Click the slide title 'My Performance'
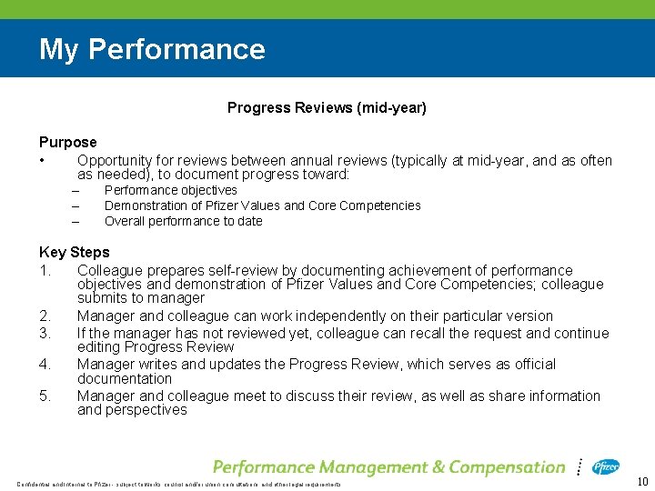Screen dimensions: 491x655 [152, 49]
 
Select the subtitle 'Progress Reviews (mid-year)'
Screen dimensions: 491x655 [327, 107]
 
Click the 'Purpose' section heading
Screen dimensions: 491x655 [67, 142]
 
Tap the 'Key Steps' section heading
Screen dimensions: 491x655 [74, 252]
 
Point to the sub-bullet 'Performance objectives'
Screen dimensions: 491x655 [170, 190]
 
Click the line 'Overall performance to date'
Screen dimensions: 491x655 [183, 221]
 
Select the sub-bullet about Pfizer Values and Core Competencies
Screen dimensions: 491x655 [262, 205]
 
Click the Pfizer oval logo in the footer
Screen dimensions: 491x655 [606, 466]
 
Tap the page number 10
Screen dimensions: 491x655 [641, 482]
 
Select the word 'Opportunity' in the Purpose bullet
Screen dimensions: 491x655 [115, 161]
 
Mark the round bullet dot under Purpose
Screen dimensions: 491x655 [43, 161]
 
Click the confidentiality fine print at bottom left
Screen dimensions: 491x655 [177, 484]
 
